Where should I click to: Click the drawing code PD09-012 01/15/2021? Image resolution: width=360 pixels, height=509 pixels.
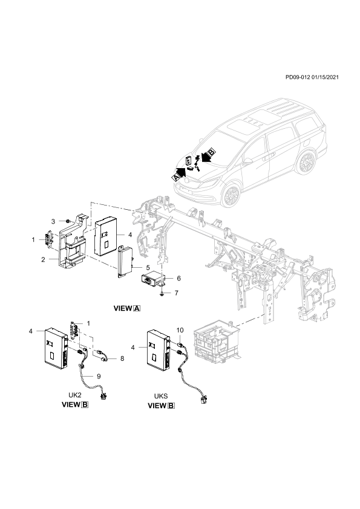click(x=312, y=77)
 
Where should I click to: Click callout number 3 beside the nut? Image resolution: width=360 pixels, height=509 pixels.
click(x=53, y=221)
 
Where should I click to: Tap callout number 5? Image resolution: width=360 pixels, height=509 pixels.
click(x=148, y=268)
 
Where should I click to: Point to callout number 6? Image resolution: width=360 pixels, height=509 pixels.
click(x=178, y=278)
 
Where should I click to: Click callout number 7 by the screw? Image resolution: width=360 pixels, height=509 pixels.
click(x=177, y=293)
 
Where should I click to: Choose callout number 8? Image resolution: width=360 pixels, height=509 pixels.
click(x=122, y=358)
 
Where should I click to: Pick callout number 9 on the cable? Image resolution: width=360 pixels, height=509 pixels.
click(x=99, y=376)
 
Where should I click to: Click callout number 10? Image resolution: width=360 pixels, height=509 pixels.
click(x=180, y=330)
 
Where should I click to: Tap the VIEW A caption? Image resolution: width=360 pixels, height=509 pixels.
click(x=127, y=308)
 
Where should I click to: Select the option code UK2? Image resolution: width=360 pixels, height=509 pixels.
click(x=75, y=395)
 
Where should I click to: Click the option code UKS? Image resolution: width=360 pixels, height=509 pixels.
click(x=161, y=396)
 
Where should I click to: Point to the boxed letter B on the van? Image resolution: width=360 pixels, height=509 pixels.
click(x=211, y=151)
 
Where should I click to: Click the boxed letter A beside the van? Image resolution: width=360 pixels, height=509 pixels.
click(x=175, y=177)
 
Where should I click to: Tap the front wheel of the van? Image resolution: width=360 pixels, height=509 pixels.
click(x=231, y=195)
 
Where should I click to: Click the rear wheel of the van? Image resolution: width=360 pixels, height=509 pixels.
click(x=306, y=162)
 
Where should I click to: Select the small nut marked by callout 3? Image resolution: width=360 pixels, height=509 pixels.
click(x=67, y=221)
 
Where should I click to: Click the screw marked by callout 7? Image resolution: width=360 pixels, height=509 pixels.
click(x=162, y=293)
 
